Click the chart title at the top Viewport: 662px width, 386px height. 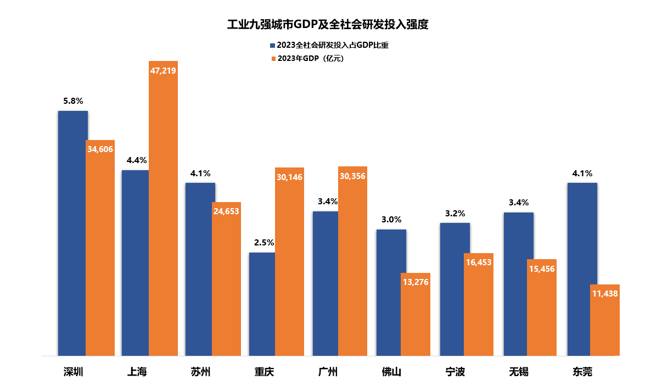coord(328,25)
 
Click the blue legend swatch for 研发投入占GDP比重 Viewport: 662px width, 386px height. coord(272,46)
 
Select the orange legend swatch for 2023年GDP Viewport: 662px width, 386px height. coord(272,59)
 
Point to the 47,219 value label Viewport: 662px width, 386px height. coord(163,70)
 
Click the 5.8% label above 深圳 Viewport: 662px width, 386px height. coord(73,101)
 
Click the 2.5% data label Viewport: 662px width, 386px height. coord(263,242)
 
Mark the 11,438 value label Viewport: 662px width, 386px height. coord(605,294)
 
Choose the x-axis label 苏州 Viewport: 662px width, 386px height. coord(200,372)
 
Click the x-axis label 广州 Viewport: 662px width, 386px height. coord(328,372)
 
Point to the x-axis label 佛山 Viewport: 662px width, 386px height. coord(391,372)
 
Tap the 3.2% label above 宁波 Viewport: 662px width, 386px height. coord(455,213)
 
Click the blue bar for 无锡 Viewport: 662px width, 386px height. coord(518,284)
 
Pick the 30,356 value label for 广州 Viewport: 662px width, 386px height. coord(352,176)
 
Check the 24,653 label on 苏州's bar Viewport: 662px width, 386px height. coord(226,211)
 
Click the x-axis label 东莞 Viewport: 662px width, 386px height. coord(582,372)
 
